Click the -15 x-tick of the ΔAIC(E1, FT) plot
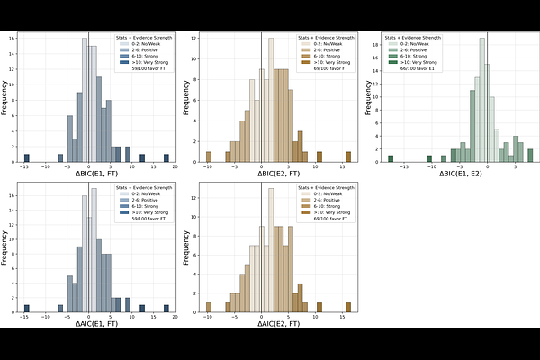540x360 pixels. pos(27,317)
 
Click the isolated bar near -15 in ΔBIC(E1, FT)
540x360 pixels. pos(27,158)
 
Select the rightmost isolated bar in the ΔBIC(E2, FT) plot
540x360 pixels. pos(347,158)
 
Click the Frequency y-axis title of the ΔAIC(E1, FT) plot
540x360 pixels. pos(5,247)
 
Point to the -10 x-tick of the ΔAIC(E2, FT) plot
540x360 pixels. pos(208,317)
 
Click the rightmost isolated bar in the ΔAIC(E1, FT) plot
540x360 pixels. pos(166,308)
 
